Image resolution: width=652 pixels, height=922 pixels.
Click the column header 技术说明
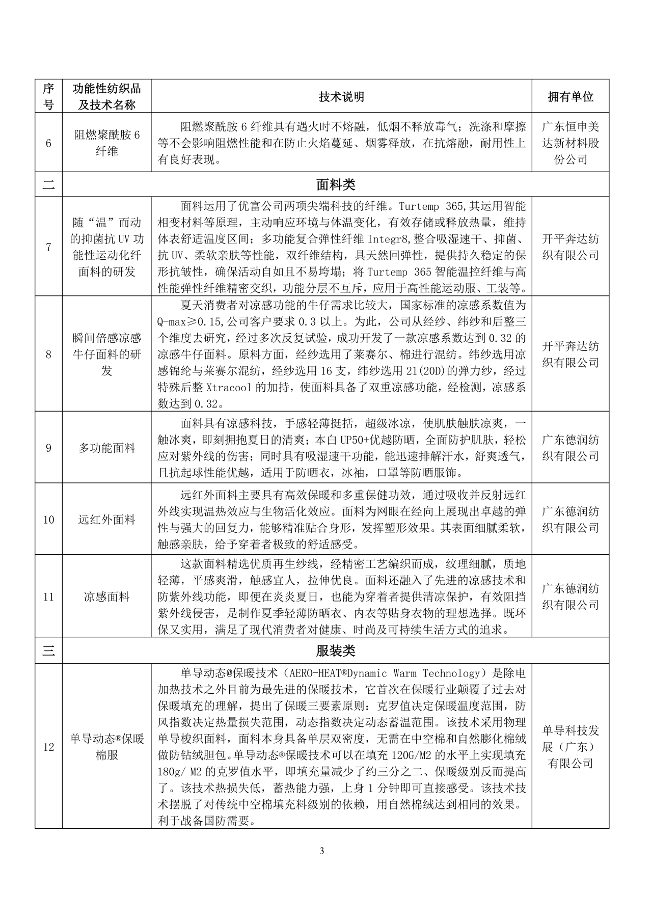click(x=341, y=96)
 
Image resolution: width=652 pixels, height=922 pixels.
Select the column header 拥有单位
click(x=570, y=96)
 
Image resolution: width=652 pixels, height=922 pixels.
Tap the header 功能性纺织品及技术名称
click(x=106, y=96)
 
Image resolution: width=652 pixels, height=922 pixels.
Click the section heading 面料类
click(x=335, y=184)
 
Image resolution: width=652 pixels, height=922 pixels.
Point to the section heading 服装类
click(x=335, y=650)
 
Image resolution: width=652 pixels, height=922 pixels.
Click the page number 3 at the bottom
click(x=321, y=850)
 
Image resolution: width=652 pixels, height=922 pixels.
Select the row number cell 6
click(x=48, y=143)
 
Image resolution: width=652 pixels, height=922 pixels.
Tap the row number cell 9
click(x=48, y=448)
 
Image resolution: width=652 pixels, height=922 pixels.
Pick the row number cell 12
click(x=48, y=747)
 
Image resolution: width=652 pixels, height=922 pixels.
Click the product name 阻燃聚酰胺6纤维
click(x=106, y=143)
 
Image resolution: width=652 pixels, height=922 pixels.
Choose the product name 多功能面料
click(x=106, y=448)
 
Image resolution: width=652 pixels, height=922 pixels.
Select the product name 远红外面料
click(x=106, y=520)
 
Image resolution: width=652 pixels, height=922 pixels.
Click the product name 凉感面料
click(x=106, y=596)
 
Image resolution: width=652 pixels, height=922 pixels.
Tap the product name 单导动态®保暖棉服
click(x=106, y=747)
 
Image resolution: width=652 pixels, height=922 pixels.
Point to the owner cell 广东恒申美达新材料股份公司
click(x=570, y=143)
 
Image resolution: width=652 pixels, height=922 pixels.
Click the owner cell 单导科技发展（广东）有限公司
click(x=570, y=747)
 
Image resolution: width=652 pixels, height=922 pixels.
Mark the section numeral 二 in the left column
click(x=48, y=184)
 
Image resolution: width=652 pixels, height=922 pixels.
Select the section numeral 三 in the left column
click(x=48, y=650)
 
